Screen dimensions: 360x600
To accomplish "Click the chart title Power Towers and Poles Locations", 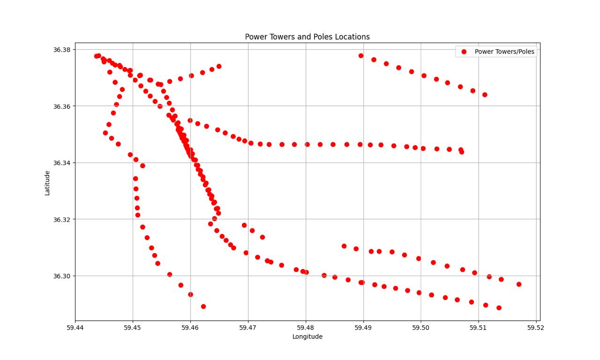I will (307, 37).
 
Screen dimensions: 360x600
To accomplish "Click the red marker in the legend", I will (464, 52).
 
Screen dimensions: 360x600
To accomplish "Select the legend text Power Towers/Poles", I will (504, 52).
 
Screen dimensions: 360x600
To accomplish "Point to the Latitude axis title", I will (47, 183).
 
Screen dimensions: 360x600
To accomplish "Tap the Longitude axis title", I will (307, 337).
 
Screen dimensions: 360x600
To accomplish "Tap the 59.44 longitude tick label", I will (75, 327).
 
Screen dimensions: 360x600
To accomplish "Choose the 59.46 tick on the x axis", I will (190, 327).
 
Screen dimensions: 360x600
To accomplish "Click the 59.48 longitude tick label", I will (306, 327).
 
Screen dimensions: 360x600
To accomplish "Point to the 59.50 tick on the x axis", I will (421, 327).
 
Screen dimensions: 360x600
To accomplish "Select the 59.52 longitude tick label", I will (536, 327).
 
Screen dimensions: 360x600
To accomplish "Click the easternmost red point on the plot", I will (519, 284).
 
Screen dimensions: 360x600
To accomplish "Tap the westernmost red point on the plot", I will (96, 56).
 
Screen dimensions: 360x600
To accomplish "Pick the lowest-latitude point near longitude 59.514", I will (499, 308).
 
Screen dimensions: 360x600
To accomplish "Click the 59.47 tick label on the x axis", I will (248, 327).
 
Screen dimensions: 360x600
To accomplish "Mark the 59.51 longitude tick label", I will (478, 327).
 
